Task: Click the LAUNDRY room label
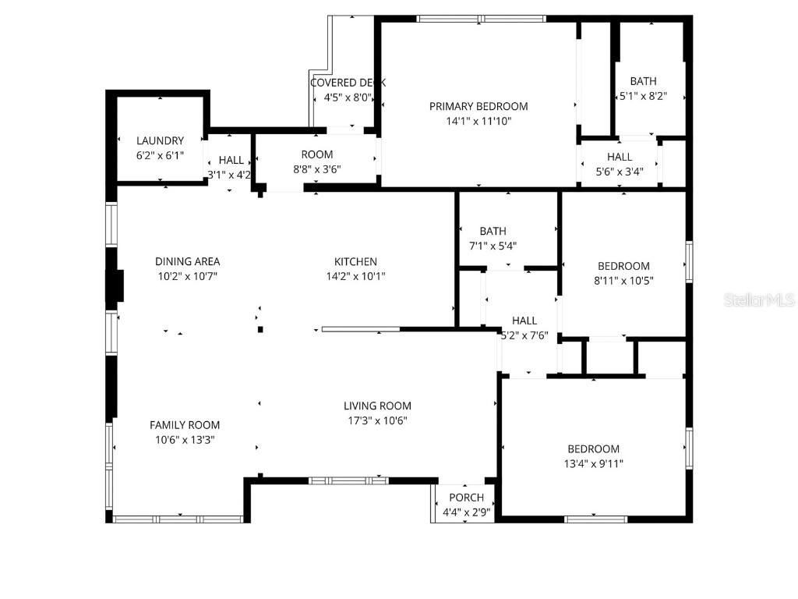[x=160, y=141]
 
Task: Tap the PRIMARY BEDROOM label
[x=478, y=106]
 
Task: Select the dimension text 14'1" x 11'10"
[x=478, y=121]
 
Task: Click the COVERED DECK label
[x=348, y=83]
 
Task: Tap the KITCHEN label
[x=355, y=261]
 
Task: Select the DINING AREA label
[x=187, y=261]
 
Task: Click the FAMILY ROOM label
[x=185, y=425]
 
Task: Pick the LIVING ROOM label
[x=377, y=406]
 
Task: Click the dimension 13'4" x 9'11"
[x=593, y=463]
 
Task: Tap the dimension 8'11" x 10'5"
[x=623, y=281]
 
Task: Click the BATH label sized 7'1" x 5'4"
[x=493, y=231]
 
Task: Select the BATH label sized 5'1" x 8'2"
[x=643, y=81]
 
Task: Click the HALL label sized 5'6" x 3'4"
[x=620, y=157]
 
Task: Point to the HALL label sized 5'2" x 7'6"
[x=524, y=321]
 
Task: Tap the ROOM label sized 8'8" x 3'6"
[x=317, y=154]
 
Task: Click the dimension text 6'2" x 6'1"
[x=160, y=155]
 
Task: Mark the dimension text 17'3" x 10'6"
[x=377, y=420]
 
